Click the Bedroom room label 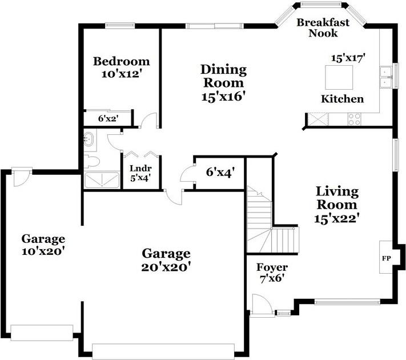click(x=122, y=61)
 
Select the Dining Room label click(x=223, y=76)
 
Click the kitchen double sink click(x=387, y=77)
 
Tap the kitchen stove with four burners click(x=354, y=119)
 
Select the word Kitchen click(x=342, y=99)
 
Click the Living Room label click(x=336, y=198)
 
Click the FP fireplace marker click(x=387, y=258)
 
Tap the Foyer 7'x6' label click(x=272, y=273)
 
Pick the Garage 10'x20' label click(x=43, y=244)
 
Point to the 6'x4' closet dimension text click(x=221, y=171)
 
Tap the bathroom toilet click(x=91, y=160)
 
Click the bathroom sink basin click(x=89, y=138)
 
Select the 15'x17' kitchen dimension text click(x=348, y=58)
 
